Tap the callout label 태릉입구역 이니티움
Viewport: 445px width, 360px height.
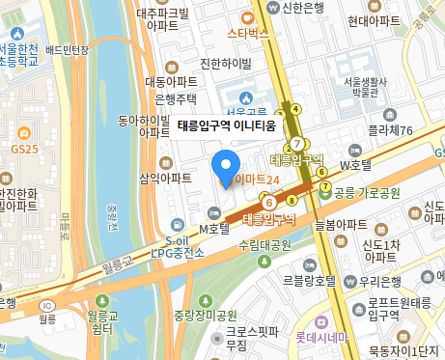coord(227,125)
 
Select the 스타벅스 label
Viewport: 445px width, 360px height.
coord(247,33)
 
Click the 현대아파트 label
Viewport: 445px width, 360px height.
coord(374,19)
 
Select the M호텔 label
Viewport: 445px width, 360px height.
coord(212,228)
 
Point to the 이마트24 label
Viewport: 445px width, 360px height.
coord(259,180)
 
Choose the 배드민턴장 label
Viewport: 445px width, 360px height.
coord(67,49)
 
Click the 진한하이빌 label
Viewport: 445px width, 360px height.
coord(225,64)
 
